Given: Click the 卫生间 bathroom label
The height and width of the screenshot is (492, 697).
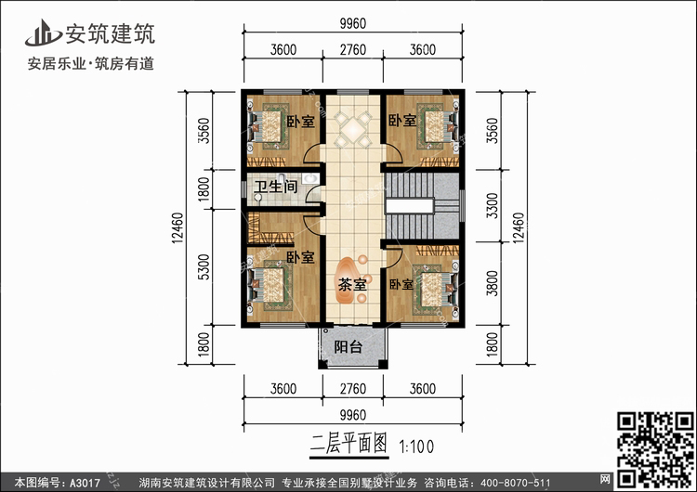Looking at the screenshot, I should tap(277, 188).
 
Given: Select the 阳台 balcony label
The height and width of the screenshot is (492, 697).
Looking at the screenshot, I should tap(348, 347).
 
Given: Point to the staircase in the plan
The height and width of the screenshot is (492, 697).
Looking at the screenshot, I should tap(421, 205).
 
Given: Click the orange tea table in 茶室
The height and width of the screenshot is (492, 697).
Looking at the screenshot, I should tap(354, 274).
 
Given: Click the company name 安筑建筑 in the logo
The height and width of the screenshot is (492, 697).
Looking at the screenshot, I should tap(109, 34).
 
